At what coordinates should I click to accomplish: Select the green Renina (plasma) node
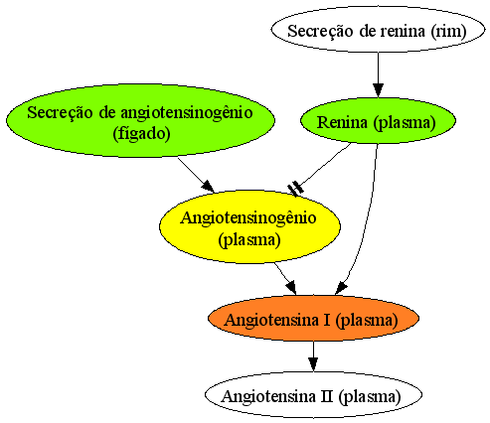378,121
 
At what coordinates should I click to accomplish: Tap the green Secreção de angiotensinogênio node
140,120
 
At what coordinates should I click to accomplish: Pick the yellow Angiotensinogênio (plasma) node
249,227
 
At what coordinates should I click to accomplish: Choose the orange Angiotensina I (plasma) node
313,318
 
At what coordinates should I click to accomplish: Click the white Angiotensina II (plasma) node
313,394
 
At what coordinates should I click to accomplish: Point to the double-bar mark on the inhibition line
295,189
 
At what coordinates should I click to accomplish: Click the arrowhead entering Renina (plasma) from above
378,90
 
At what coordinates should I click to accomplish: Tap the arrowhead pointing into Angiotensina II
313,364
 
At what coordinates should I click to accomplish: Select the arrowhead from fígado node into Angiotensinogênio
208,187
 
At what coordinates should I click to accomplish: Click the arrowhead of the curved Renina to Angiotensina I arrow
341,288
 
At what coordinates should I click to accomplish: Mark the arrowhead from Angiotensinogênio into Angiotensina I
291,287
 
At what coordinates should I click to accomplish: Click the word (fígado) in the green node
141,134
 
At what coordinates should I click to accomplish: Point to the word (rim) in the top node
449,32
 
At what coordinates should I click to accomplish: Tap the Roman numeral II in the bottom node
327,396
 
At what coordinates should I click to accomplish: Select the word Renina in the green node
343,122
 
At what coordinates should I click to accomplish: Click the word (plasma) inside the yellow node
249,240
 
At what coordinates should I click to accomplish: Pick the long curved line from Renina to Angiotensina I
367,216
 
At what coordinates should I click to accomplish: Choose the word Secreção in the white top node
315,32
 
